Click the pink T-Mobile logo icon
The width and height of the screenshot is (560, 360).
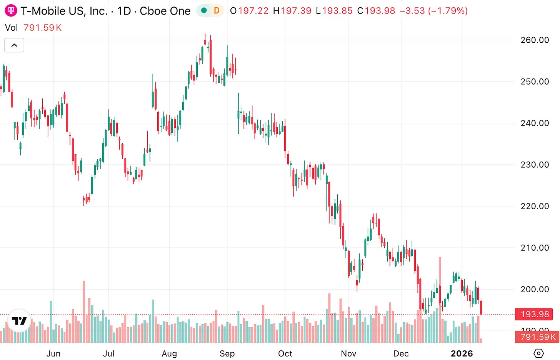(x=11, y=10)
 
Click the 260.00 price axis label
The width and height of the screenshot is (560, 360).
(x=535, y=40)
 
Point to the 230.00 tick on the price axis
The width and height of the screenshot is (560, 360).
(x=535, y=165)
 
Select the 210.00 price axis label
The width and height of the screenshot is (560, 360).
(x=535, y=248)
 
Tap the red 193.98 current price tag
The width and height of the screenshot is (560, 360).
(x=534, y=314)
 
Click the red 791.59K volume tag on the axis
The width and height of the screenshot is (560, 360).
(x=537, y=337)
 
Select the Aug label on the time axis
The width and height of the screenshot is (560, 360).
(x=169, y=353)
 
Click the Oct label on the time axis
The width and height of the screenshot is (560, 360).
(x=285, y=353)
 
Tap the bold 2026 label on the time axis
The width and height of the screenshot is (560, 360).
(x=462, y=353)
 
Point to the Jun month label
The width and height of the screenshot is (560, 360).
(x=53, y=353)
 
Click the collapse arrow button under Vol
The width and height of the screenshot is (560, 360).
(x=14, y=45)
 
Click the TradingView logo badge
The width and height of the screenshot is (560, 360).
(x=19, y=320)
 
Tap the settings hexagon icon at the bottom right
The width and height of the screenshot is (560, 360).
(x=539, y=353)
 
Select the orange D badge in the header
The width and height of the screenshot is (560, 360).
(x=217, y=10)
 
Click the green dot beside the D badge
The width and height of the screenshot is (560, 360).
(x=204, y=10)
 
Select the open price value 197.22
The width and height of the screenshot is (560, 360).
(x=253, y=11)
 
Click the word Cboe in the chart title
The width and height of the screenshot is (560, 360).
(x=153, y=11)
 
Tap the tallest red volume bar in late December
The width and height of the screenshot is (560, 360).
(x=440, y=300)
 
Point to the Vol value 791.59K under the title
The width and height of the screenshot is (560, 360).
(x=42, y=28)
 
